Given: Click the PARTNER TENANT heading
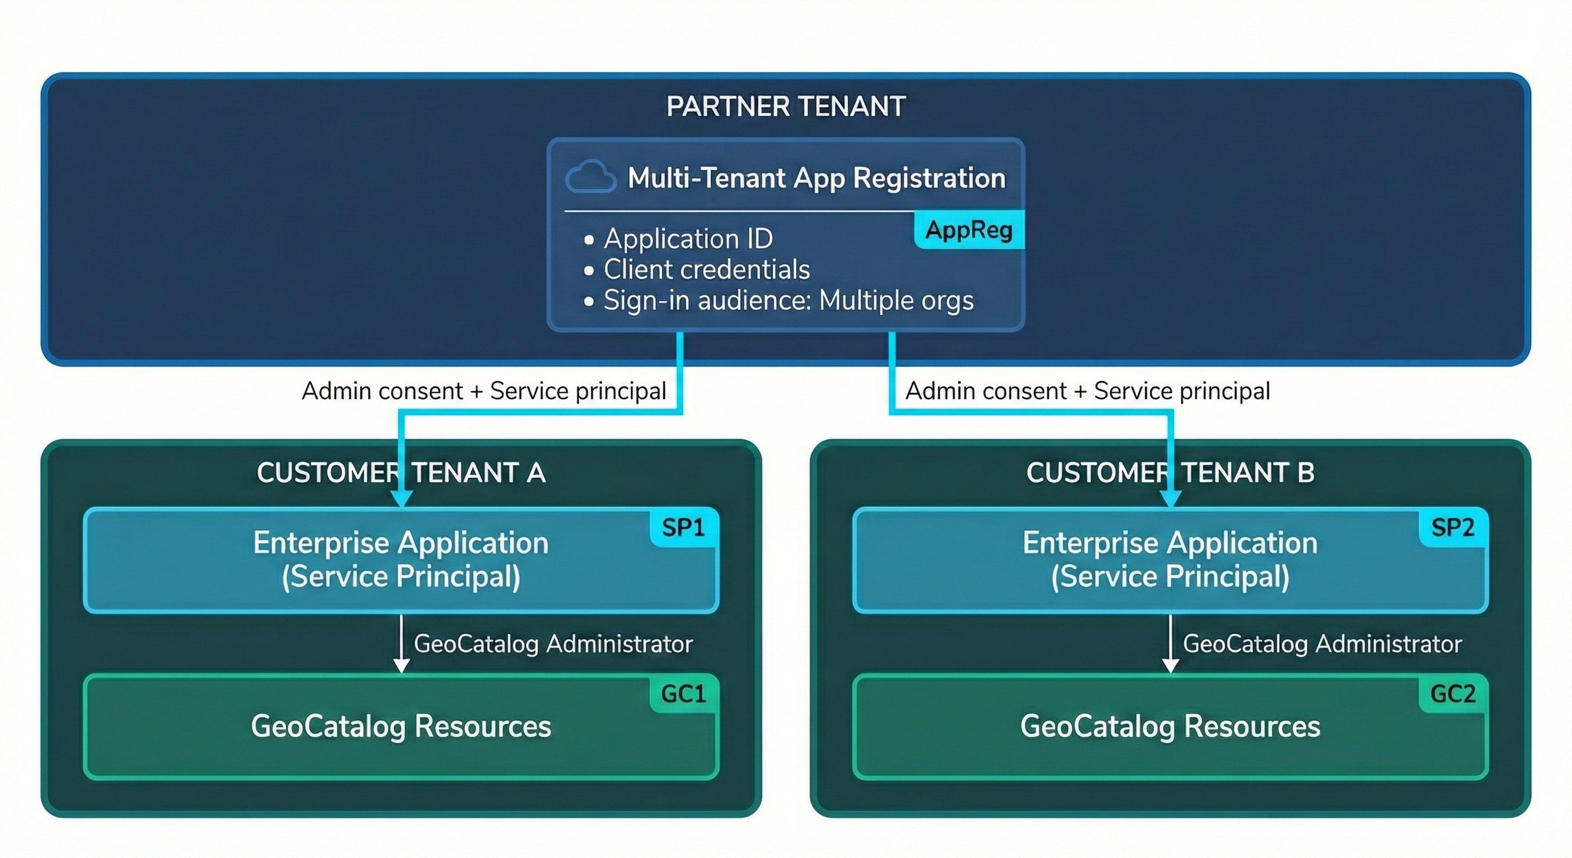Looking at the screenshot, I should point(785,106).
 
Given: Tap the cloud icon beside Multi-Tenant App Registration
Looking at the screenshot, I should point(590,177).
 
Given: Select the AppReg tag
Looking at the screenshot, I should point(969,230).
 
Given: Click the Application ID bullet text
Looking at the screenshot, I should point(688,238).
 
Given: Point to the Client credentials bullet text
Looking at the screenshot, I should point(707,269).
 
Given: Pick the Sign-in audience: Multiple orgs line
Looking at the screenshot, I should point(788,301).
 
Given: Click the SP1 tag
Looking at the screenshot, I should point(683,527).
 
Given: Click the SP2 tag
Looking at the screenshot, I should point(1453,527).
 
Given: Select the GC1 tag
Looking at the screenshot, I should point(683,694).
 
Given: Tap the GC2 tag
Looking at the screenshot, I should point(1453,694).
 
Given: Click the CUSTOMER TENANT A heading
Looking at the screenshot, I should point(401,473).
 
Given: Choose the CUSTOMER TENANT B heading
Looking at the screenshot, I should point(1170,473).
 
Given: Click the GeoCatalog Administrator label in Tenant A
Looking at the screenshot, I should point(553,643).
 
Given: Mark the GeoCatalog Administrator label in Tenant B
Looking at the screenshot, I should point(1322,643).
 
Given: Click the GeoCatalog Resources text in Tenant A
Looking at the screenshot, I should point(401,726).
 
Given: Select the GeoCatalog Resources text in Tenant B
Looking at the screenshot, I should point(1170,726).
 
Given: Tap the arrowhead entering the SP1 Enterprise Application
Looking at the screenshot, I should point(401,499).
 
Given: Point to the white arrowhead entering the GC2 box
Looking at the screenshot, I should point(1170,665).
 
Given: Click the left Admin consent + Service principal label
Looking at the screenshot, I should point(484,391).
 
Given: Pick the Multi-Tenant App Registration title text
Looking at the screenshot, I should point(817,178).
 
